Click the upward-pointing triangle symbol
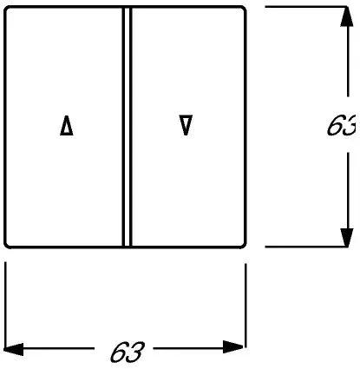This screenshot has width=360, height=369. point(67,126)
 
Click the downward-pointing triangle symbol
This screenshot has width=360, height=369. point(186,125)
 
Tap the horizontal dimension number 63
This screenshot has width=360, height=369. point(128,352)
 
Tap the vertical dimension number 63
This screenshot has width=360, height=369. point(341,125)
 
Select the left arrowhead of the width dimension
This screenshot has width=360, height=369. point(13,349)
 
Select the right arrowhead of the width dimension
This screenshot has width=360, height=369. point(233,347)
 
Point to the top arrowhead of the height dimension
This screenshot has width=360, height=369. point(347,16)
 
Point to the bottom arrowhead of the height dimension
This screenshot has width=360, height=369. point(347,237)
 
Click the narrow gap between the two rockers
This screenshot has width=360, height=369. point(127,127)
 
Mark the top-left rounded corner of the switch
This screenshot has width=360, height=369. point(6,9)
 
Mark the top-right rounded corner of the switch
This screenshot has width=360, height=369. point(244,9)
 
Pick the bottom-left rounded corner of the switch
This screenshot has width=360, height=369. point(6,246)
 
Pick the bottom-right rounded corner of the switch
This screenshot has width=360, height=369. point(244,246)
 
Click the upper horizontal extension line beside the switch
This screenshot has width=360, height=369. point(306,7)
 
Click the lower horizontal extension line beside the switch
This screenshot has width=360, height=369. point(306,247)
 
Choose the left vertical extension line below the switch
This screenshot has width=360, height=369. point(5,304)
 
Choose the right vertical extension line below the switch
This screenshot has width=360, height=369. point(245,305)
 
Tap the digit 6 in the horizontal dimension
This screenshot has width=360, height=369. point(119,352)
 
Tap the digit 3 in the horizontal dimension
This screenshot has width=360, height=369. point(135,352)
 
